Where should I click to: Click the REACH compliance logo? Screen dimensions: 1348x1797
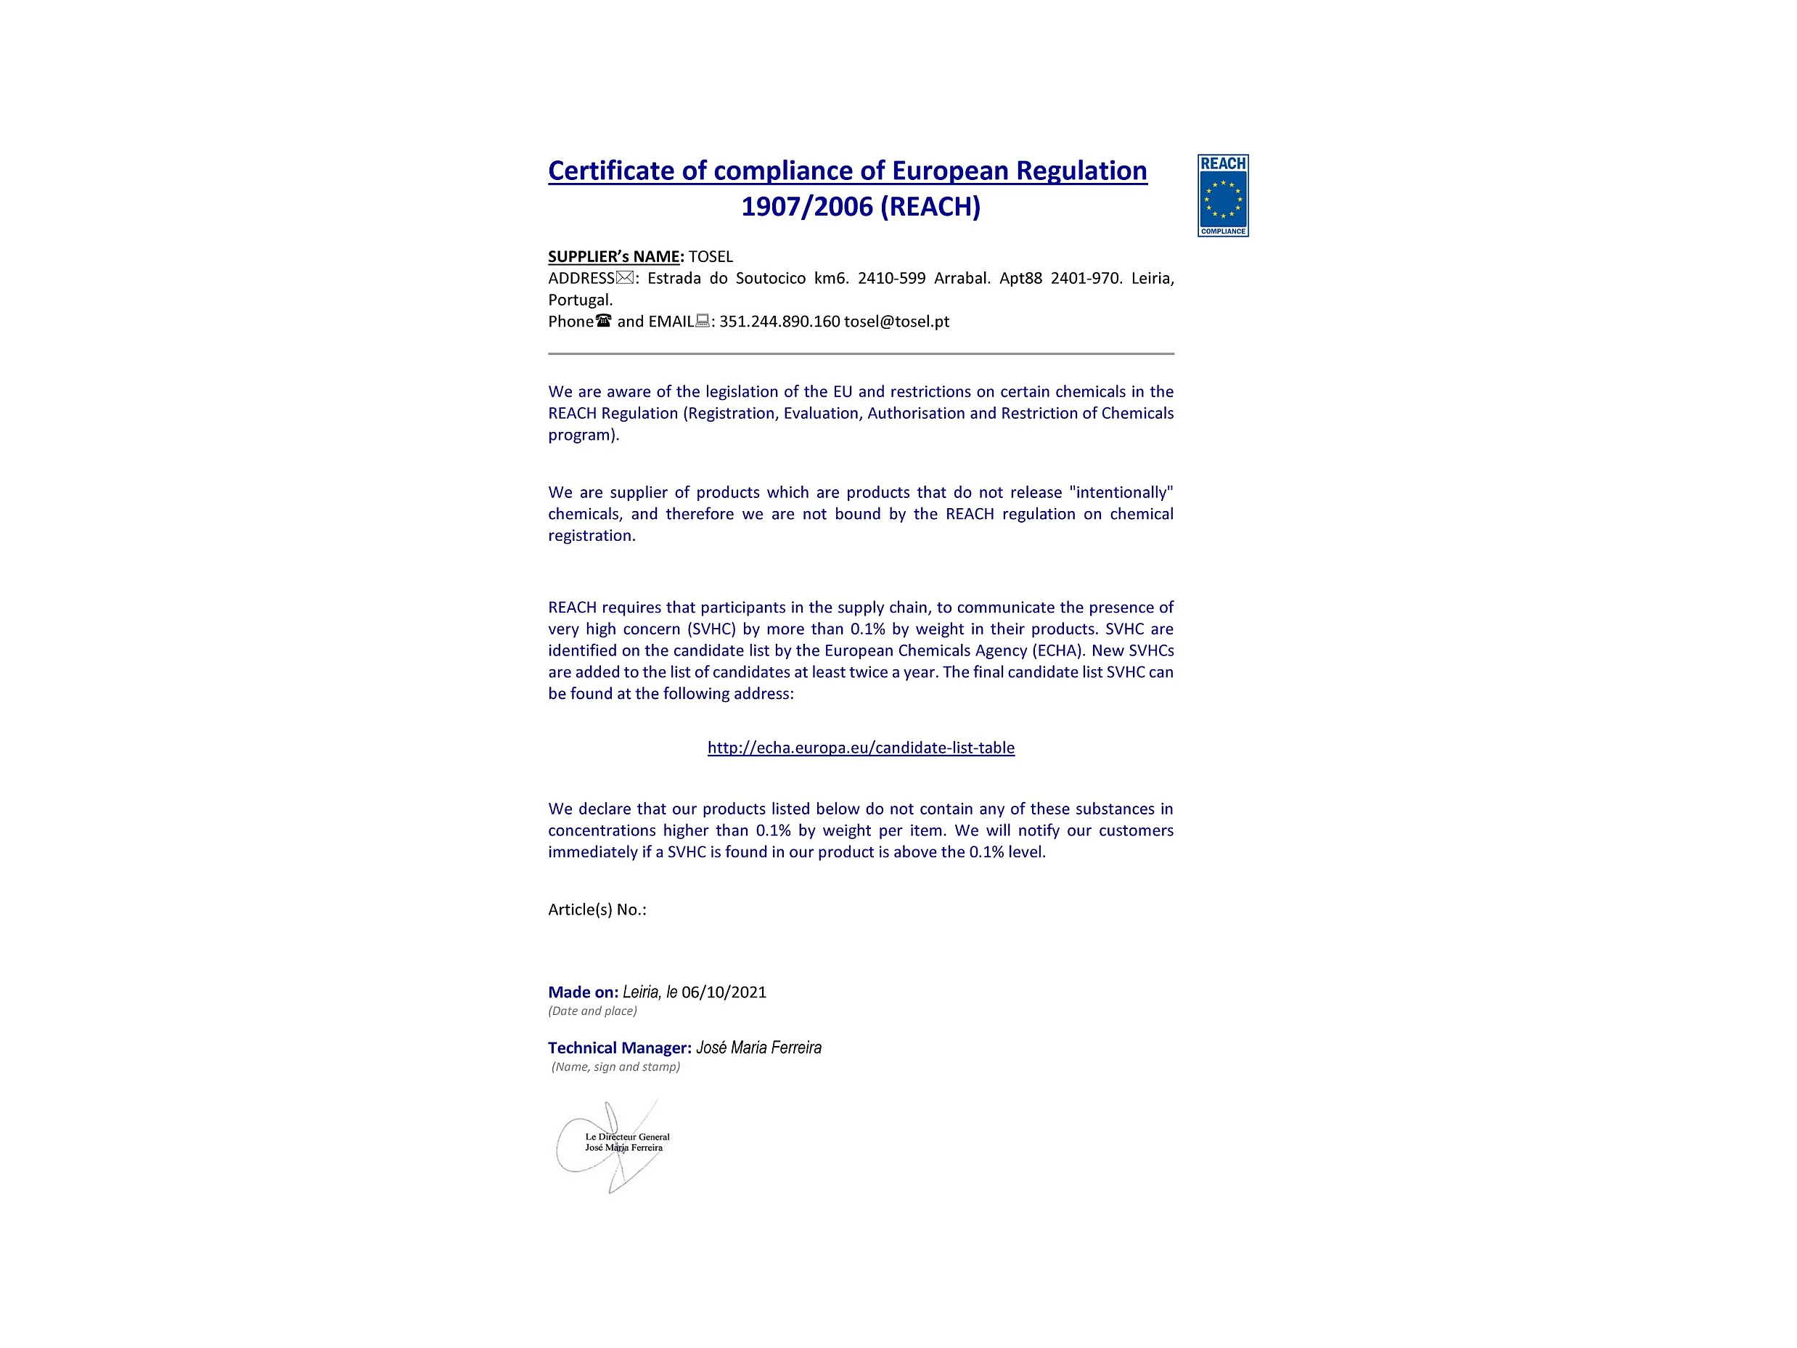[1223, 195]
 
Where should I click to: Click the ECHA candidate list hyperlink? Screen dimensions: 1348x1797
[860, 748]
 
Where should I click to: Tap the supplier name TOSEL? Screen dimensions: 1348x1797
[711, 257]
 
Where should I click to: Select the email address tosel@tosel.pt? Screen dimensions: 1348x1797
[896, 321]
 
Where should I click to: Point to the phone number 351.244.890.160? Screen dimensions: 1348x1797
[779, 321]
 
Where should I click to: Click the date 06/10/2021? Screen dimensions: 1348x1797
[724, 992]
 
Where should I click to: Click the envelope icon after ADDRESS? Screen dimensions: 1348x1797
[624, 278]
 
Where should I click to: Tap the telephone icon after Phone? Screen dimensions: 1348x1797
[603, 321]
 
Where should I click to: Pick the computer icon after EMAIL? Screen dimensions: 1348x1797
[703, 321]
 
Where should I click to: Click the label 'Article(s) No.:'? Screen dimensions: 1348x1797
[597, 910]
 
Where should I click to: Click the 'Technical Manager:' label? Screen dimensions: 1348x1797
[620, 1048]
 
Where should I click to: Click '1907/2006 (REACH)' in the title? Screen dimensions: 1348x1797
[860, 206]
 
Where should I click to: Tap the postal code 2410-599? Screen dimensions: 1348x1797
[891, 278]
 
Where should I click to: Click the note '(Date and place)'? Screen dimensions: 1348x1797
[592, 1010]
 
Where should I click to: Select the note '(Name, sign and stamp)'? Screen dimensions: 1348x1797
[615, 1067]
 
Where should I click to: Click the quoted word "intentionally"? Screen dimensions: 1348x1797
[1121, 492]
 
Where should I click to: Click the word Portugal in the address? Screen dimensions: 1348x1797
[579, 300]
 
